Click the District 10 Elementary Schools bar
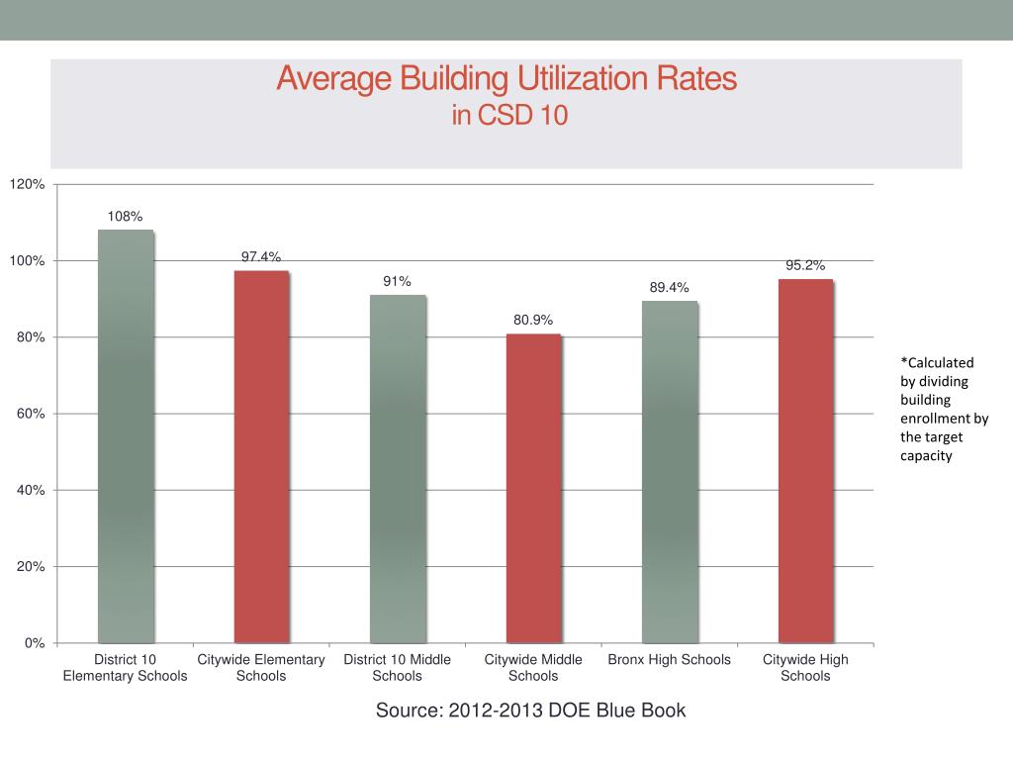pos(126,435)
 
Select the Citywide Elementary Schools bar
pos(261,456)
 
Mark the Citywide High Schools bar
pos(805,460)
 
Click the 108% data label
pos(126,216)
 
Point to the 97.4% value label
pos(261,256)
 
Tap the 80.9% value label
pos(533,320)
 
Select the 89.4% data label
pos(670,287)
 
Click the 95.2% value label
pos(805,265)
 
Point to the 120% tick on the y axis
pos(28,185)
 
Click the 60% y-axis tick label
pos(31,414)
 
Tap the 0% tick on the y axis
pos(35,643)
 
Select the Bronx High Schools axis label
pos(670,660)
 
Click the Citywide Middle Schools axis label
pos(533,668)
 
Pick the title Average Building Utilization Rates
pos(506,79)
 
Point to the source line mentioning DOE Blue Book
pos(530,711)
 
